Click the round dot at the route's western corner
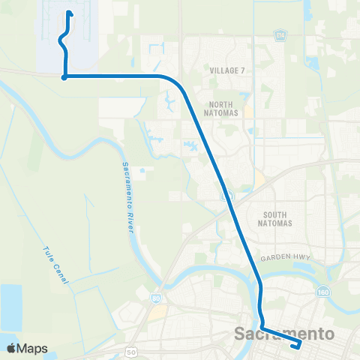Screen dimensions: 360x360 click(x=65, y=76)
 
